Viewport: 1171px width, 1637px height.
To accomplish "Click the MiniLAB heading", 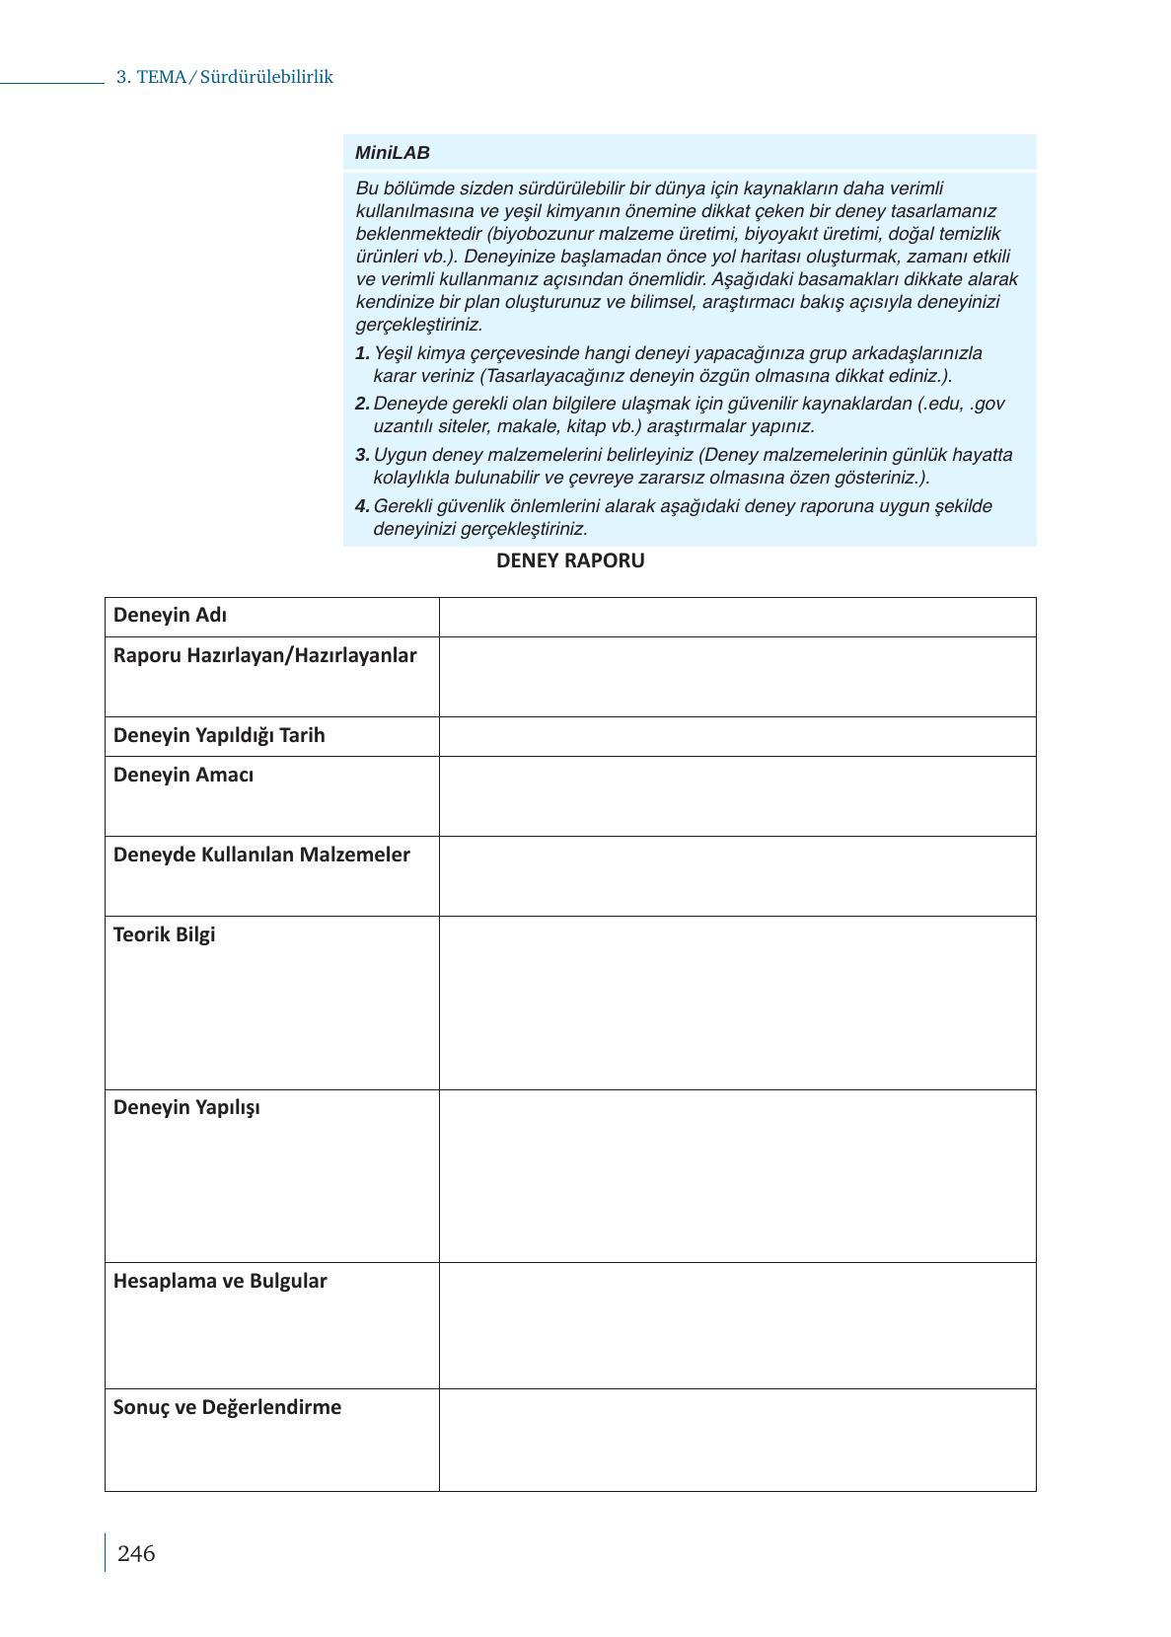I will click(393, 153).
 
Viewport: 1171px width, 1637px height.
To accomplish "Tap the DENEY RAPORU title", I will click(570, 560).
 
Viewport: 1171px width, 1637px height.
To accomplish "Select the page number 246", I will click(136, 1554).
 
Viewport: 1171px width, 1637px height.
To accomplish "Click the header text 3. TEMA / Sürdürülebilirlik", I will click(225, 77).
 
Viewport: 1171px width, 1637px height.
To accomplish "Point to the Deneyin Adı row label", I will click(170, 615).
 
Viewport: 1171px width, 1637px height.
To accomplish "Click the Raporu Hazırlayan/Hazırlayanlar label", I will click(264, 655).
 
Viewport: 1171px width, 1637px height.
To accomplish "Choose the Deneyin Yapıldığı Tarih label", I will click(219, 735).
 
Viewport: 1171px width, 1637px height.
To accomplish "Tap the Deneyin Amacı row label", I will click(183, 775).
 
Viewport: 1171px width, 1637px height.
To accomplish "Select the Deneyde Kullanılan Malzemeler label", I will click(261, 855).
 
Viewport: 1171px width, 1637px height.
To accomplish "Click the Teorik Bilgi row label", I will click(164, 934).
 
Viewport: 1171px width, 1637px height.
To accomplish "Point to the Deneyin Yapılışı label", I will click(186, 1107).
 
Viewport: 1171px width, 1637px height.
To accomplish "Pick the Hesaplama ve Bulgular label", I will click(220, 1281).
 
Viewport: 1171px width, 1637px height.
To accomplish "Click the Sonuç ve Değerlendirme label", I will click(227, 1407).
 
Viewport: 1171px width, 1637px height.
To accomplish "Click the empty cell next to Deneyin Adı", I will click(737, 617).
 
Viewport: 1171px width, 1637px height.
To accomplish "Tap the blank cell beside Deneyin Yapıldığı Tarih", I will click(737, 736).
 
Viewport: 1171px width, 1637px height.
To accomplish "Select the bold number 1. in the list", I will click(362, 353).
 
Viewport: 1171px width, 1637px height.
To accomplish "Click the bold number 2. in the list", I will click(362, 404).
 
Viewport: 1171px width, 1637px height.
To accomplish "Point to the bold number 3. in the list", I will click(362, 455).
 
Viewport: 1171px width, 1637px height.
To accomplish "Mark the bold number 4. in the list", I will click(362, 506).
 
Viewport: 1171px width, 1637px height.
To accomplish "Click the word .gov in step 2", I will click(988, 404).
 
